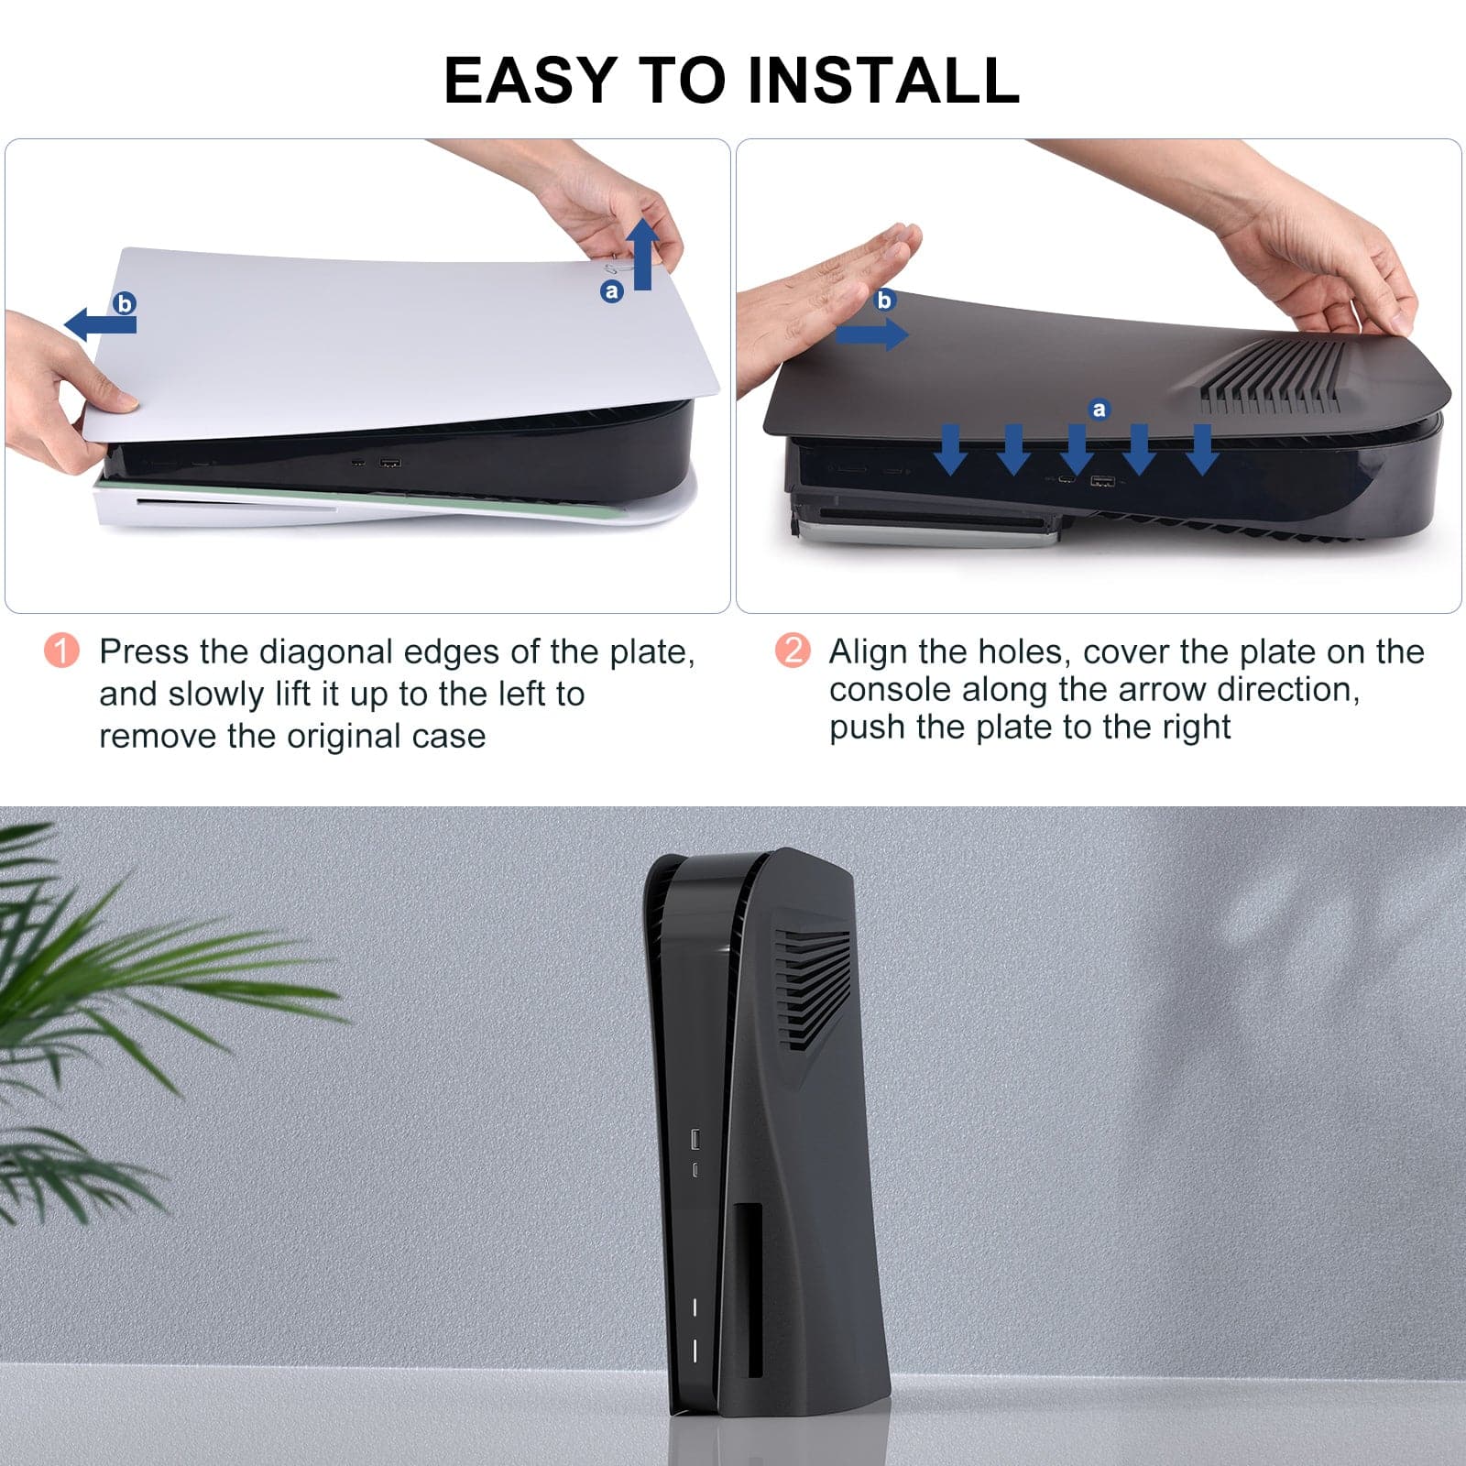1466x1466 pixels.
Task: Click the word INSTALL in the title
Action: (x=883, y=80)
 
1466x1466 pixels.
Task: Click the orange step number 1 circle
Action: (x=61, y=651)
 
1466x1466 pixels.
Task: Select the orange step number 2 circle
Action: (x=793, y=651)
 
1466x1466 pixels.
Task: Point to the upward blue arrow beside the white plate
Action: (x=643, y=254)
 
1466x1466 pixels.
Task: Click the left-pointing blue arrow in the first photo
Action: (x=100, y=323)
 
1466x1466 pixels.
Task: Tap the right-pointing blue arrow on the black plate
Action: (x=871, y=334)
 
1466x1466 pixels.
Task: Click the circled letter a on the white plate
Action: (x=611, y=291)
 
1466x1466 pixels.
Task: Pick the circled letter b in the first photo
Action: (x=124, y=302)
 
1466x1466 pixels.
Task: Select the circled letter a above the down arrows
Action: (x=1099, y=410)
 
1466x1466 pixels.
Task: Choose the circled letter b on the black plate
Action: (x=884, y=300)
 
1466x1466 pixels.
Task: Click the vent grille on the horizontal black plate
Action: (x=1271, y=376)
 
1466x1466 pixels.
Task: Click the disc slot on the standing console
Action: (x=754, y=1290)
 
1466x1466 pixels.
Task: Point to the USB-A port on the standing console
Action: (x=695, y=1139)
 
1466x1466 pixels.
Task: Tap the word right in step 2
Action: (x=1197, y=728)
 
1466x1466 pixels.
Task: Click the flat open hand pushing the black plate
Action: (x=825, y=302)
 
